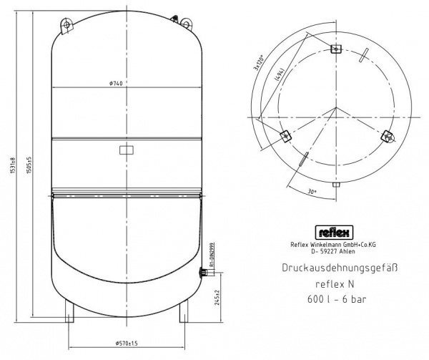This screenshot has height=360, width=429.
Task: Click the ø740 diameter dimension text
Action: [117, 84]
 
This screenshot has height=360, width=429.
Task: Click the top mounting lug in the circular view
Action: [336, 47]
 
